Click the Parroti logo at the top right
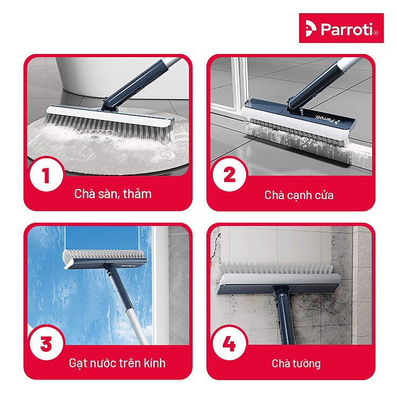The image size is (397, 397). (x=341, y=28)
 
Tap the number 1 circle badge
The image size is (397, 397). (x=47, y=175)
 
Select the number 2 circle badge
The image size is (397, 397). (x=229, y=175)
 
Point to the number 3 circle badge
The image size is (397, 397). (x=47, y=344)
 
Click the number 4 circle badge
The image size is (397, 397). (x=229, y=344)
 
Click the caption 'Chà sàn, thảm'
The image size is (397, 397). (x=113, y=194)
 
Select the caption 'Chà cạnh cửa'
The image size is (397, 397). (x=299, y=195)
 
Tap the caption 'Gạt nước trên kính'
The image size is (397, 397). (x=117, y=363)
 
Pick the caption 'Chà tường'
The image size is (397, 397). (x=296, y=363)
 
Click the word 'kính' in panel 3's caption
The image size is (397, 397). (x=155, y=363)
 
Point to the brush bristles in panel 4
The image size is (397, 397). (x=275, y=269)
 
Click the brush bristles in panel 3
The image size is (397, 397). (x=103, y=255)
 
